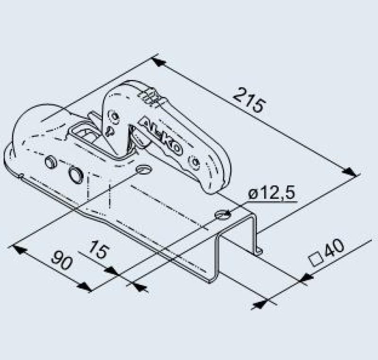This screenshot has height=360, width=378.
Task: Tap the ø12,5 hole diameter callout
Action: click(271, 193)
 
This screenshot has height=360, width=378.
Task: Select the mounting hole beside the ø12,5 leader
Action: click(223, 215)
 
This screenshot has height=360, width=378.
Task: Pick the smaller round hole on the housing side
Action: click(50, 162)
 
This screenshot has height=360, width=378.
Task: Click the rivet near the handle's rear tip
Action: click(194, 163)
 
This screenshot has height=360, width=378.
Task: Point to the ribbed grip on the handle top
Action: click(150, 96)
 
